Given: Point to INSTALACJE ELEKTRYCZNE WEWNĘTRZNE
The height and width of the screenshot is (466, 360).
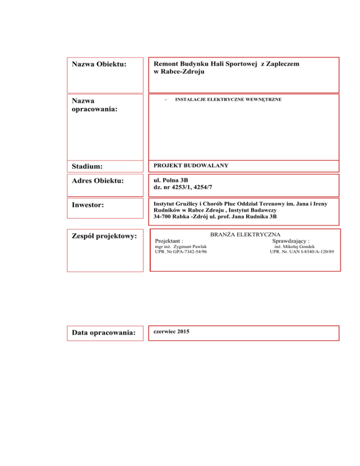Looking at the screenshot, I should click(x=228, y=100).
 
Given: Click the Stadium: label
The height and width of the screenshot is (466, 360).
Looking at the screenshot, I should click(x=88, y=166).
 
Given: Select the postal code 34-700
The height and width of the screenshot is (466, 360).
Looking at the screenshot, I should click(x=164, y=217).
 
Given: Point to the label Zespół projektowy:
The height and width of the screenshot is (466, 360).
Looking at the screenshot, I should click(x=103, y=236).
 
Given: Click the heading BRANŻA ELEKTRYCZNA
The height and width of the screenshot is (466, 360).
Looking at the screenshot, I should click(x=245, y=233).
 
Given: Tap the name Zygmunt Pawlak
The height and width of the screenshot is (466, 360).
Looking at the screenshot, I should click(x=190, y=246).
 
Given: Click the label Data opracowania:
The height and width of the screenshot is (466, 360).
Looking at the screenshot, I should click(x=104, y=333).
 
